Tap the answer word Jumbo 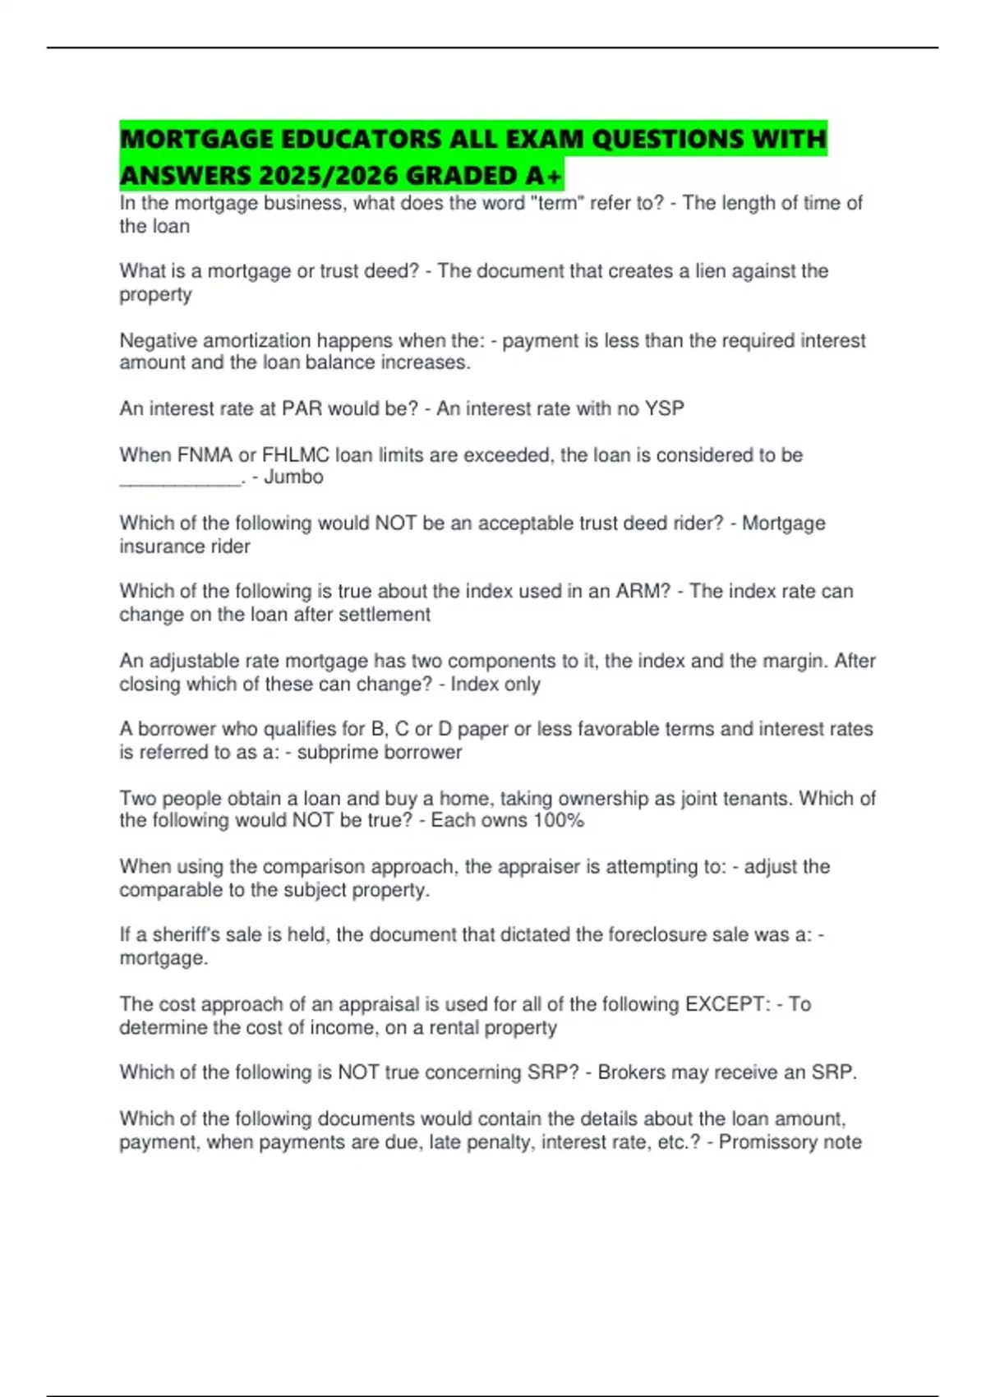tap(293, 477)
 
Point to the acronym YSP tap(665, 408)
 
